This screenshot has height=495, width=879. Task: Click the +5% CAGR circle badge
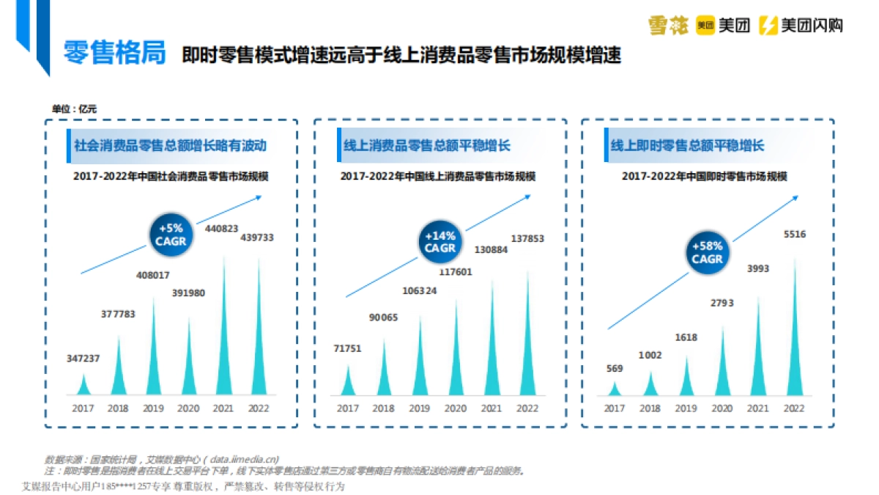(x=171, y=235)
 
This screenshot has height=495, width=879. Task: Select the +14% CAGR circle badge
(x=439, y=241)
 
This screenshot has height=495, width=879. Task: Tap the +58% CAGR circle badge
(x=707, y=252)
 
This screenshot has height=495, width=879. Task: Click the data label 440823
(x=221, y=228)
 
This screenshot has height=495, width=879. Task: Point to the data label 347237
(x=82, y=358)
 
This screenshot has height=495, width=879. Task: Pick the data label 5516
(x=795, y=234)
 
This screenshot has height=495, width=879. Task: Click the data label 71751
(x=348, y=348)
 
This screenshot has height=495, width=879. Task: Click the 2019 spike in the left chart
(x=154, y=352)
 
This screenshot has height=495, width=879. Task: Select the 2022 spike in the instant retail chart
(x=794, y=337)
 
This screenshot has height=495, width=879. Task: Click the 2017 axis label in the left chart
(x=82, y=408)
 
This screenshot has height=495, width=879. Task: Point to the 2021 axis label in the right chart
(x=758, y=408)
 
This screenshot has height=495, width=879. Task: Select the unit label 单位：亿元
(x=74, y=109)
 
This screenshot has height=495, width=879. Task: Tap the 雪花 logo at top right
(x=668, y=26)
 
